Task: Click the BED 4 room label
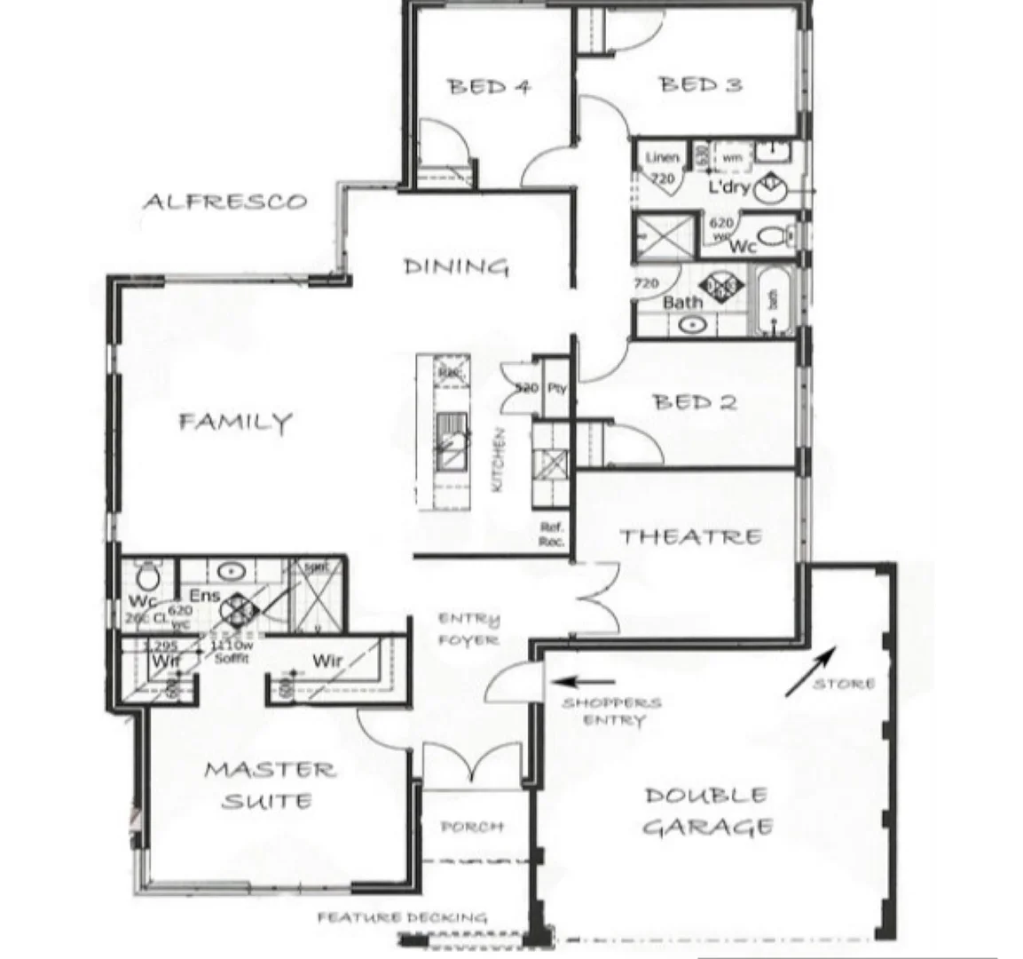[489, 86]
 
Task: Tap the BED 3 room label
[701, 84]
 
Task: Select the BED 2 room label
[695, 402]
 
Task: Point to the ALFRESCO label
[225, 202]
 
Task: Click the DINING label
[456, 266]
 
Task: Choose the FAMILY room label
[235, 421]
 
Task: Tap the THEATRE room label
[690, 536]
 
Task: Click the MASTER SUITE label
[269, 785]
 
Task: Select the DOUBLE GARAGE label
[706, 811]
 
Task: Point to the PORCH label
[472, 827]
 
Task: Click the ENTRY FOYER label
[468, 629]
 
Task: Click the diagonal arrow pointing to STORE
[810, 671]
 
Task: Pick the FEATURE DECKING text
[402, 917]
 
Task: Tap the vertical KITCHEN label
[500, 462]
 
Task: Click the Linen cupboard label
[662, 157]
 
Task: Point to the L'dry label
[729, 188]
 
